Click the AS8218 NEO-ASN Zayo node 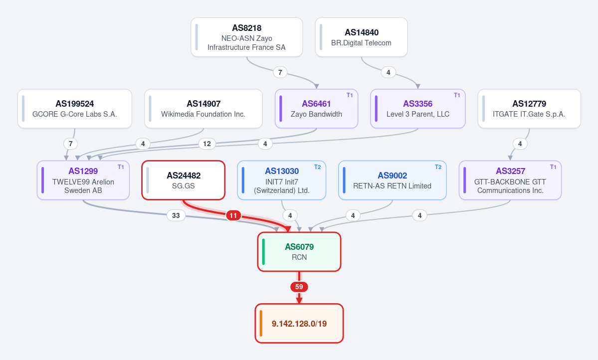[x=247, y=37]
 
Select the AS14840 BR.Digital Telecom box [x=361, y=37]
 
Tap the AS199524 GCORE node [x=75, y=109]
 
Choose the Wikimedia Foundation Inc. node [x=203, y=109]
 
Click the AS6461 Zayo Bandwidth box [x=316, y=109]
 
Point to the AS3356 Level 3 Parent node [x=417, y=109]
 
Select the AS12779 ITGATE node [x=529, y=109]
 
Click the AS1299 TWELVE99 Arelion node [x=83, y=180]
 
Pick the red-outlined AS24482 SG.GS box [x=184, y=180]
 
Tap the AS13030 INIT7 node [x=281, y=180]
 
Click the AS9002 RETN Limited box [x=392, y=180]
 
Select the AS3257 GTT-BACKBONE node [x=510, y=180]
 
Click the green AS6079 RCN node [x=299, y=252]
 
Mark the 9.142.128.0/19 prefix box [x=299, y=324]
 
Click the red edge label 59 [x=299, y=287]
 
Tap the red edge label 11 [x=233, y=215]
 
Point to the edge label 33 [x=176, y=215]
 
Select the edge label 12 [x=206, y=144]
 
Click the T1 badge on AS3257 [x=553, y=167]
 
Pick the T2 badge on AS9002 [x=438, y=167]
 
